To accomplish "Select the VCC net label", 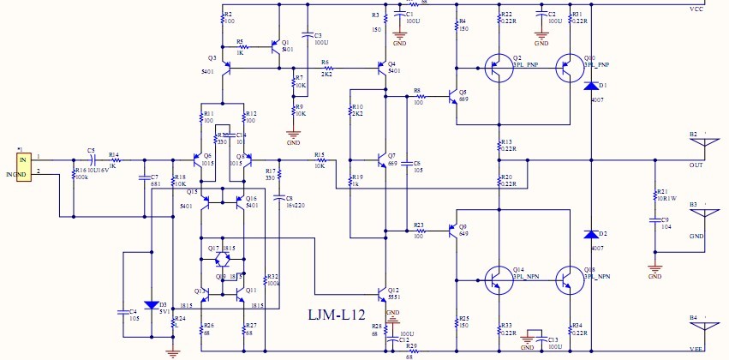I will tap(696, 9).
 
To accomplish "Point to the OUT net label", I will tap(696, 165).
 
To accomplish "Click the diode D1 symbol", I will tap(590, 87).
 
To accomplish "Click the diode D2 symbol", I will tap(590, 234).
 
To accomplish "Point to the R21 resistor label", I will tap(661, 191).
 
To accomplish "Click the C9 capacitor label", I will tap(664, 220).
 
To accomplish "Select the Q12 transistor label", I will tap(393, 290).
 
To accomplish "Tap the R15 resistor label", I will tap(320, 153).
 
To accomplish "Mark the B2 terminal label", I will tap(693, 135).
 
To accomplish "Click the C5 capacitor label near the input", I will tap(91, 149).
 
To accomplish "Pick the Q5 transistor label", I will tap(463, 92).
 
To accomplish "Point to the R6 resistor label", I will tap(326, 63).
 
